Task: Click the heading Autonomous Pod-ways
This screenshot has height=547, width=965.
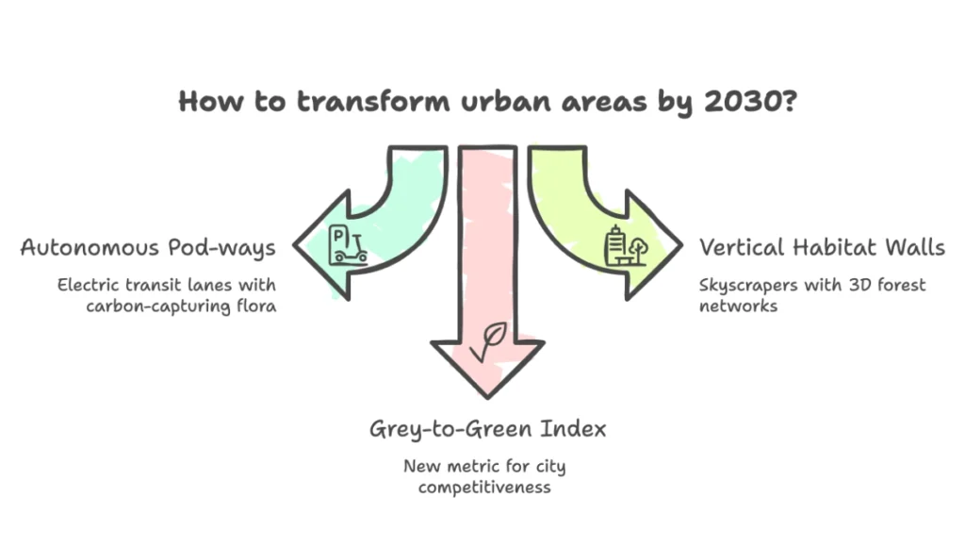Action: coord(148,248)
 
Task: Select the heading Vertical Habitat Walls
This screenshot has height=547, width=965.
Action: coord(821,248)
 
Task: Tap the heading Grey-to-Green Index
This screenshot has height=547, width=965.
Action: coord(487,430)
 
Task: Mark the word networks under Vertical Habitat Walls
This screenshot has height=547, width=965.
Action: coord(738,306)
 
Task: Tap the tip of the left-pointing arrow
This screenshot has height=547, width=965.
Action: coord(298,247)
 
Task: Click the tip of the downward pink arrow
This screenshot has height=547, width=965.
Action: coord(487,395)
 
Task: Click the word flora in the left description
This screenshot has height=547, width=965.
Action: coord(254,306)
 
